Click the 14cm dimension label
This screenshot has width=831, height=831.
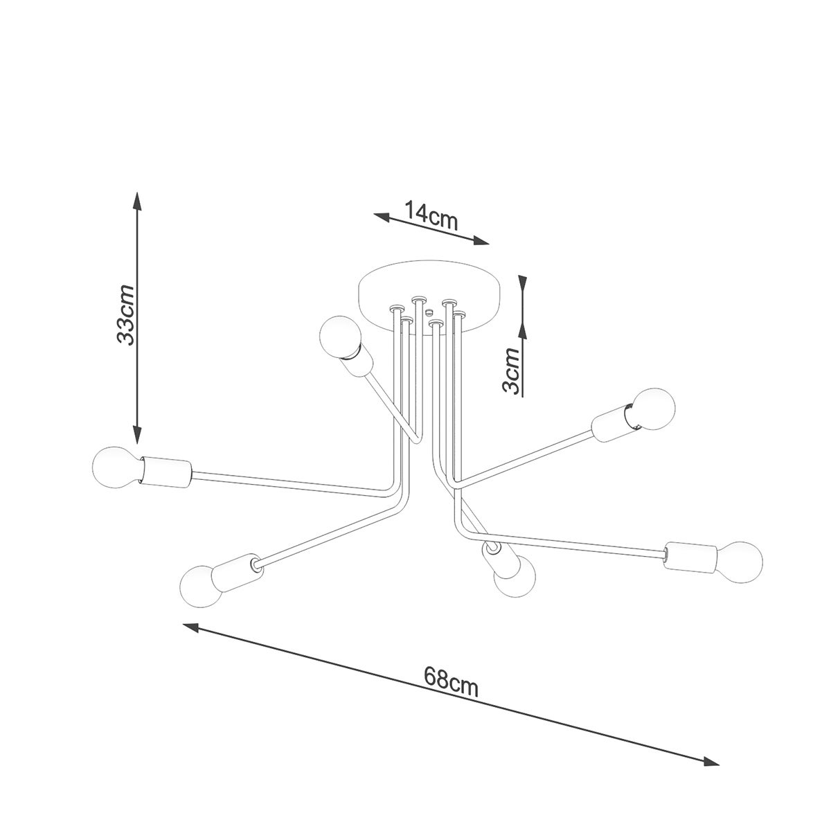click(431, 216)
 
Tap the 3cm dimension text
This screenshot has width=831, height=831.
click(511, 370)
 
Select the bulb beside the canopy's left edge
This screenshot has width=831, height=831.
click(339, 336)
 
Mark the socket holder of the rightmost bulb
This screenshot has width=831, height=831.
click(690, 556)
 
